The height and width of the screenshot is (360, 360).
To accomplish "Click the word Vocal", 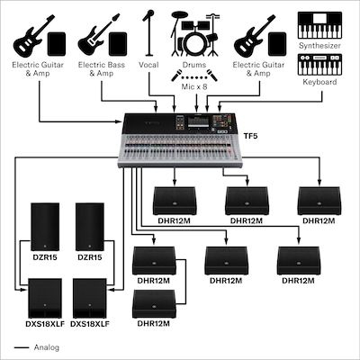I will tap(148, 66).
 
